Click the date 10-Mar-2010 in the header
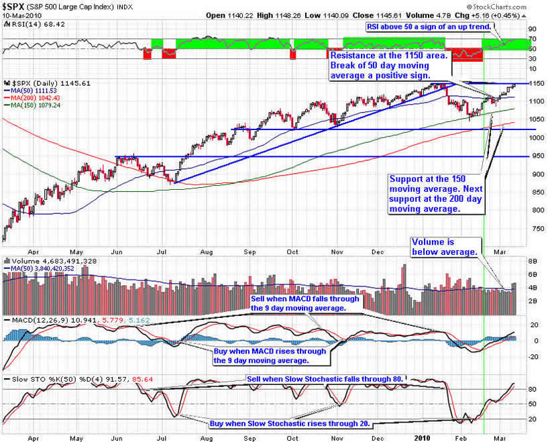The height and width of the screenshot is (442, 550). [x=20, y=15]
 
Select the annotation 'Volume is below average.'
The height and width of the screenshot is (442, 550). [x=445, y=246]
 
